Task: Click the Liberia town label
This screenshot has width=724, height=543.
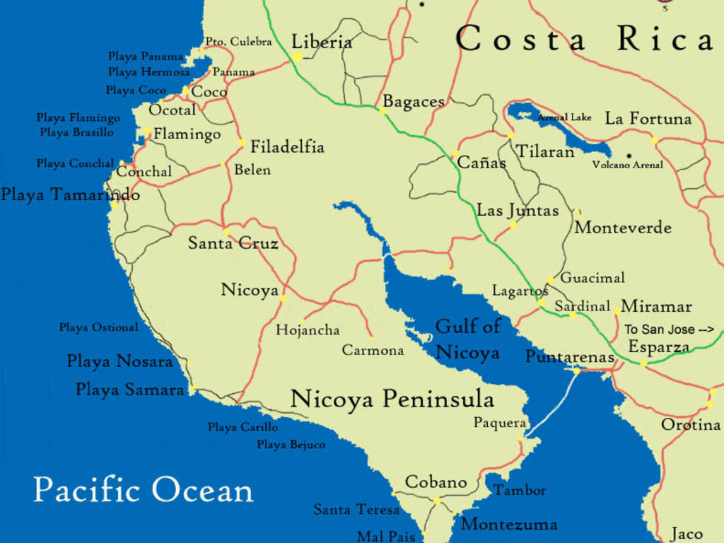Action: coord(322,42)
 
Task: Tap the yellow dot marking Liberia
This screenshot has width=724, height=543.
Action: coord(298,56)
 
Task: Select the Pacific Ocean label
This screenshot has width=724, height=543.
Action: coord(143,490)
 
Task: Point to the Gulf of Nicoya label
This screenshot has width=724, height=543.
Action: coord(467,339)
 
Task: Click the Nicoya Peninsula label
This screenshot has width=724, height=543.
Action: coord(392,399)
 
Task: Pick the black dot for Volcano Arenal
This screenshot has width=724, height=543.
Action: coord(628,156)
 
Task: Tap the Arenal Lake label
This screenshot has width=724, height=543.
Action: coord(565,117)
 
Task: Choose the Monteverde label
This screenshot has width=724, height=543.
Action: coord(623,228)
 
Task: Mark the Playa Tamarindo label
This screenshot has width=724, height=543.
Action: coord(70,194)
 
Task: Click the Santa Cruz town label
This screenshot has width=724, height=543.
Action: coord(233,243)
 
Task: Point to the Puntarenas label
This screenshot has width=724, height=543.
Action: coord(569,357)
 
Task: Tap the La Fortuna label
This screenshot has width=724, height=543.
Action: coord(648,119)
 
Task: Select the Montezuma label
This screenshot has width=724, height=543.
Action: coord(509,525)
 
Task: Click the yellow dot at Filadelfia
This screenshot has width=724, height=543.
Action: coord(242,143)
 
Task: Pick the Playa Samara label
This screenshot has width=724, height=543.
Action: coord(129,390)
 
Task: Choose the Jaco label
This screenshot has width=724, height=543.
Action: coord(687,534)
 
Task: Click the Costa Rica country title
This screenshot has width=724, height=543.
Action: coord(584,39)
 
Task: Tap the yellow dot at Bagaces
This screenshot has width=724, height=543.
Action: coord(383,110)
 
